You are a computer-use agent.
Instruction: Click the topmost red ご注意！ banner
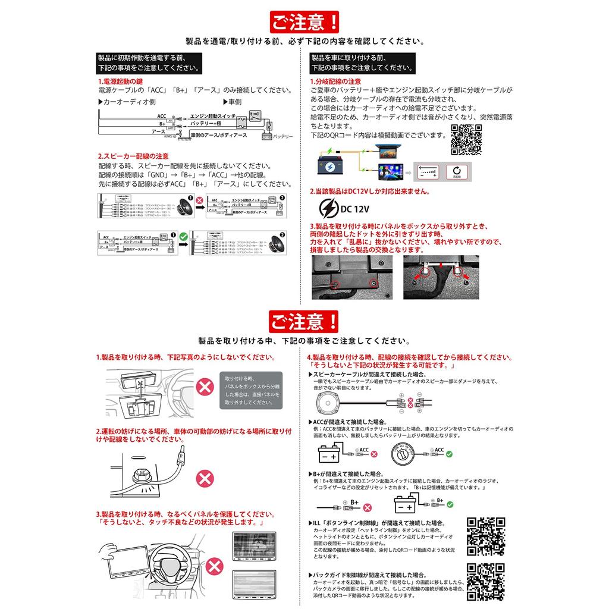(x=304, y=23)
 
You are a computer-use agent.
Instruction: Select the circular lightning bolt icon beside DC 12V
(x=329, y=208)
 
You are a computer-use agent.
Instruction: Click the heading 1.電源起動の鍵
(x=121, y=81)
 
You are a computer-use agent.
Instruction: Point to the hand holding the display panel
(x=109, y=550)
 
